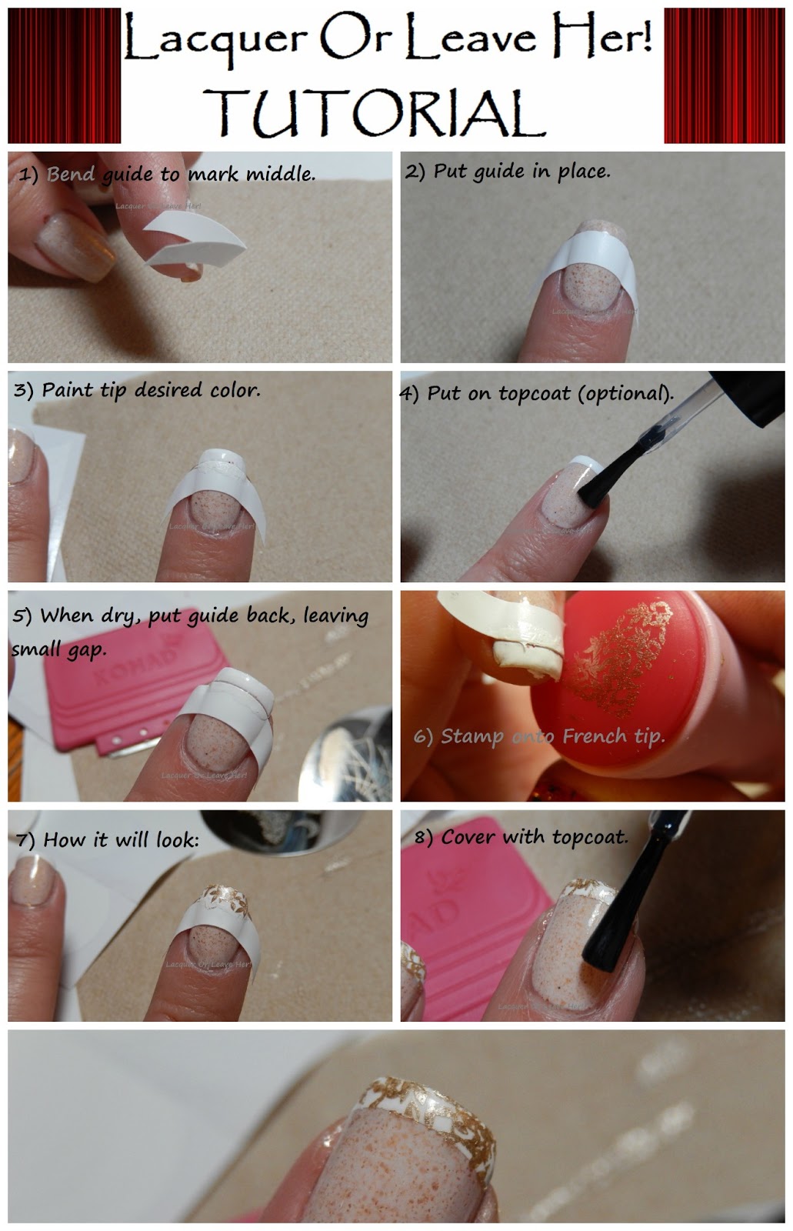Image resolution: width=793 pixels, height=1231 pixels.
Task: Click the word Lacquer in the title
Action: (216, 40)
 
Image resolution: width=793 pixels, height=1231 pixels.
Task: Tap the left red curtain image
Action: (64, 75)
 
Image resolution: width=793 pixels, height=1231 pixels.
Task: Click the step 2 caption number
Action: (415, 171)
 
